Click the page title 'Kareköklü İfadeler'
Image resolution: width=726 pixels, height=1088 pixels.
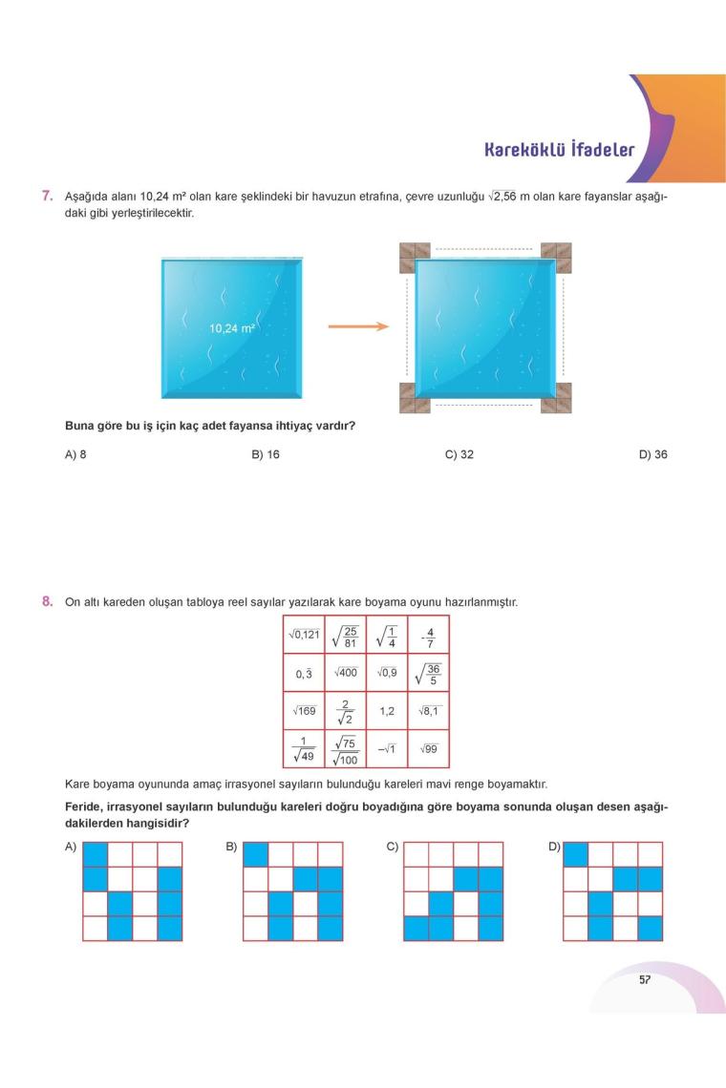click(x=559, y=150)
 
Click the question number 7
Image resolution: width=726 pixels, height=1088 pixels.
click(x=47, y=196)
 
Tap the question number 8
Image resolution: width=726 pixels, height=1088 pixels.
click(x=47, y=601)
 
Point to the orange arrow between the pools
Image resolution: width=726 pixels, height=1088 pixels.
click(x=358, y=326)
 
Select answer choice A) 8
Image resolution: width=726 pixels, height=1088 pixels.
click(x=75, y=454)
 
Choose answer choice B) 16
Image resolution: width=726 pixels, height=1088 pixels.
click(x=266, y=454)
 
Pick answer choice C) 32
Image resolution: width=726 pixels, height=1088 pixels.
click(x=459, y=454)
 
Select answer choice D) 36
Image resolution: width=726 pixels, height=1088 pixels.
click(x=653, y=454)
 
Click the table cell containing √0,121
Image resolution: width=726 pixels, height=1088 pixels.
click(x=305, y=635)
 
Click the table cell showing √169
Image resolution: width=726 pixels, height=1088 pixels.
click(x=305, y=711)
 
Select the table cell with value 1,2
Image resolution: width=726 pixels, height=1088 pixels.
click(x=387, y=711)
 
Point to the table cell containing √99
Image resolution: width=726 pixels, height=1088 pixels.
click(x=428, y=749)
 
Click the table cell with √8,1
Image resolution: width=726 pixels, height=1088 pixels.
click(x=428, y=711)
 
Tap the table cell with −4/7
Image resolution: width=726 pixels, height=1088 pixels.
click(x=428, y=635)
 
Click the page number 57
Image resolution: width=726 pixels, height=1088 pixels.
click(x=645, y=979)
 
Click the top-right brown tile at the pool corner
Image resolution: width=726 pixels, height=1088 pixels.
click(x=556, y=257)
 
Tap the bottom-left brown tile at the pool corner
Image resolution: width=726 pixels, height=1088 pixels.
click(x=415, y=397)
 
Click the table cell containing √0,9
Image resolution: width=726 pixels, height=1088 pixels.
click(x=387, y=673)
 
